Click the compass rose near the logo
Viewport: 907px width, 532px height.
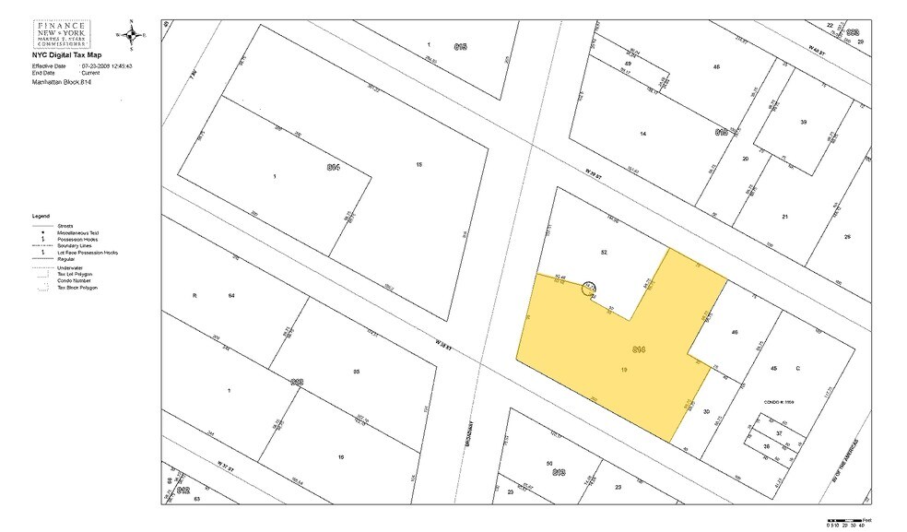click(x=131, y=34)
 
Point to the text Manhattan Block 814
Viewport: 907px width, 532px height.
click(x=62, y=82)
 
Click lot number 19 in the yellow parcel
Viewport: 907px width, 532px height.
click(x=624, y=369)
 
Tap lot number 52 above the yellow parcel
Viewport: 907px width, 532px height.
click(x=604, y=252)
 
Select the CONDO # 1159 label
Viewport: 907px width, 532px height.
click(x=779, y=402)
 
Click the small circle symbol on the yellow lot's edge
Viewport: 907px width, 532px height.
click(x=587, y=289)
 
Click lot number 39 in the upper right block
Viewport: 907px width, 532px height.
click(x=803, y=122)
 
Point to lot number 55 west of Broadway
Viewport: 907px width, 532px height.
click(x=356, y=372)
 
